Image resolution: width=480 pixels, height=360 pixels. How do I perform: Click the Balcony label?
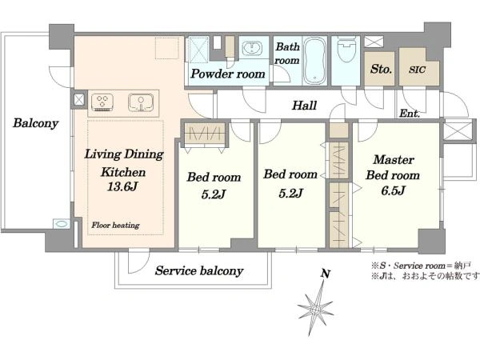[35, 123]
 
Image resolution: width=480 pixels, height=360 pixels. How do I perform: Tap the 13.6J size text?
[122, 186]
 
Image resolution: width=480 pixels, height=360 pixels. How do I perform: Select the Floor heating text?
[115, 226]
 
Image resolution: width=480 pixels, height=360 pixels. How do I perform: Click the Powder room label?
[228, 74]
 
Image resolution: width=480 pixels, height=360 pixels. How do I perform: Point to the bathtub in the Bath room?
[314, 61]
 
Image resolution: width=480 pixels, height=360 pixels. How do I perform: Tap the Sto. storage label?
[381, 69]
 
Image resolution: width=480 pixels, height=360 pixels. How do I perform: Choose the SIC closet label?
[418, 70]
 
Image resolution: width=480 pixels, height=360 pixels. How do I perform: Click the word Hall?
[304, 106]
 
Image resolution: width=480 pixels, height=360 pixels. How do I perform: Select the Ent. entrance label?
[410, 114]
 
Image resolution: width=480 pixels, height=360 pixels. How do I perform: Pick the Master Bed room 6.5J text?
[393, 174]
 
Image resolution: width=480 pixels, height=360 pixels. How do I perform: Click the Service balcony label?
[199, 271]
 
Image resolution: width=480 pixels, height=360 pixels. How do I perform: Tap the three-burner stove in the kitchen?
[102, 102]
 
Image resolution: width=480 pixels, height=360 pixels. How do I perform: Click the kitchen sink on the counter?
[141, 102]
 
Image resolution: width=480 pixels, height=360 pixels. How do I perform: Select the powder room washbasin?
[252, 48]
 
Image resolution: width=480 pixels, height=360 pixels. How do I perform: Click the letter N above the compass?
[326, 274]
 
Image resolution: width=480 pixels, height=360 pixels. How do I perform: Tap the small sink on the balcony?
[62, 224]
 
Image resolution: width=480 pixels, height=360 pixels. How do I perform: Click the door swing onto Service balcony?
[138, 261]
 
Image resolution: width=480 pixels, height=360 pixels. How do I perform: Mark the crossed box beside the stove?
[79, 99]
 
